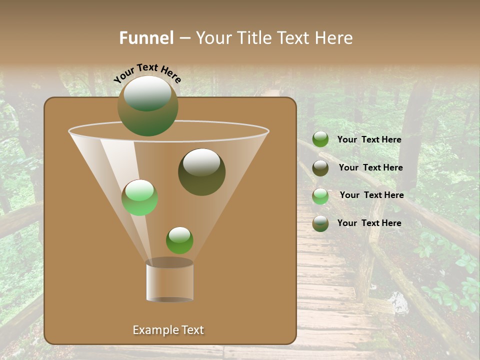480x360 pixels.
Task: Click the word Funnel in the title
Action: pyautogui.click(x=146, y=38)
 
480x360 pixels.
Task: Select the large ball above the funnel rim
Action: pyautogui.click(x=148, y=105)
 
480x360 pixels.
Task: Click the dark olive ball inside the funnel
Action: pyautogui.click(x=201, y=172)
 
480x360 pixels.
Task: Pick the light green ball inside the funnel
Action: pyautogui.click(x=140, y=198)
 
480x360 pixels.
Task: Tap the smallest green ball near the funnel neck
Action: pyautogui.click(x=179, y=240)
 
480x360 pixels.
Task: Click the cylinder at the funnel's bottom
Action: pyautogui.click(x=170, y=281)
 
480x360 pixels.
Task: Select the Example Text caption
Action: pyautogui.click(x=168, y=330)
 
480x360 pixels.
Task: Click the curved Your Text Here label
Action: pyautogui.click(x=147, y=73)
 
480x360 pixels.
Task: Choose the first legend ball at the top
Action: pyautogui.click(x=320, y=139)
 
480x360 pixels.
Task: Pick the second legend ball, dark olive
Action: pyautogui.click(x=320, y=168)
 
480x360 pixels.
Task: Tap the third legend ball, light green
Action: pyautogui.click(x=320, y=196)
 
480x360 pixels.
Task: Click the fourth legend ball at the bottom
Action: pyautogui.click(x=320, y=223)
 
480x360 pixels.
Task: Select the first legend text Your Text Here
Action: pyautogui.click(x=369, y=140)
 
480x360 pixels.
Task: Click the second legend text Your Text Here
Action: pyautogui.click(x=370, y=168)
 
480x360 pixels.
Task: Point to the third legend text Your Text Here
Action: pyautogui.click(x=371, y=195)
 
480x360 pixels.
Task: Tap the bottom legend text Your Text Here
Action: pyautogui.click(x=369, y=223)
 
